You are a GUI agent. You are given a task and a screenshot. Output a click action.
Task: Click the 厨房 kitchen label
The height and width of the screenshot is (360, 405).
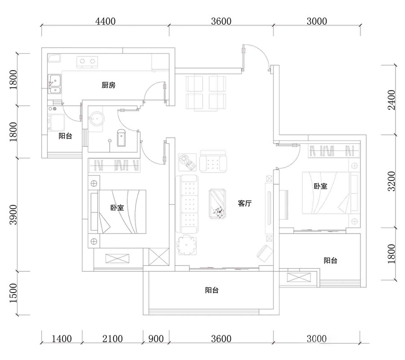108,85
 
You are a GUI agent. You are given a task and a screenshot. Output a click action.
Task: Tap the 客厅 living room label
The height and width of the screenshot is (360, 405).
245,203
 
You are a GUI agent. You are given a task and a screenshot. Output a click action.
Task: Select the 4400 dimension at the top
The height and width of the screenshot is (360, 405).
105,21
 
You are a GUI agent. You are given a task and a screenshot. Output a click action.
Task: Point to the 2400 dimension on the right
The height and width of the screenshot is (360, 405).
391,100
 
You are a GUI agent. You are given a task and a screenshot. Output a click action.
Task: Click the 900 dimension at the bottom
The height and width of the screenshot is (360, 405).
156,338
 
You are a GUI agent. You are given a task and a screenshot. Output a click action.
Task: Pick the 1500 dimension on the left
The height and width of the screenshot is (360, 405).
13,293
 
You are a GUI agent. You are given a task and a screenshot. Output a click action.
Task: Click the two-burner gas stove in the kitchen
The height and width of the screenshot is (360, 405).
87,62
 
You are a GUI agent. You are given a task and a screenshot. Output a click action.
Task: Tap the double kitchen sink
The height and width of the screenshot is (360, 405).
54,84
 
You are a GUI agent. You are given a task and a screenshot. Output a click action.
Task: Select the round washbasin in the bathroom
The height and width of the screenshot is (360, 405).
97,119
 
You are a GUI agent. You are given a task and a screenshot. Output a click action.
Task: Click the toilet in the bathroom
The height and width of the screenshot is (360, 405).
121,138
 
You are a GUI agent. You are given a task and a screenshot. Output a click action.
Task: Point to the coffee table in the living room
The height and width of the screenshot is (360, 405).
217,204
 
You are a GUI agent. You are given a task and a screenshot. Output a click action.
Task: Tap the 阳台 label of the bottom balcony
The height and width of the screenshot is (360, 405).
212,290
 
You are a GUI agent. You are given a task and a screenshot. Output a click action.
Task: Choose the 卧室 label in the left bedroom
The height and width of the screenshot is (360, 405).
117,207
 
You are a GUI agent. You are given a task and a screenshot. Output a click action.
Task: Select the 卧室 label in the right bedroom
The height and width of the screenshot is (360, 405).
320,186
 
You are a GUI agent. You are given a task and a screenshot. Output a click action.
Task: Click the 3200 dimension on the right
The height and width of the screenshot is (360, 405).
391,181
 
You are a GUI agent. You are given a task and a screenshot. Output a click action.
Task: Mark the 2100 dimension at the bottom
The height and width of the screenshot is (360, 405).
112,338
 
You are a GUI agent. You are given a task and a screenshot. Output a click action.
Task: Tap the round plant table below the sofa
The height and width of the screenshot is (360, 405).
186,244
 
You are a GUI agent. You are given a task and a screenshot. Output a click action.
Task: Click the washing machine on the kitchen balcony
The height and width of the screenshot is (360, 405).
57,122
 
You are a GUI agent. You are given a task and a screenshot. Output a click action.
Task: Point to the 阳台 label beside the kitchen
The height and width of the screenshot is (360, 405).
65,136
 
